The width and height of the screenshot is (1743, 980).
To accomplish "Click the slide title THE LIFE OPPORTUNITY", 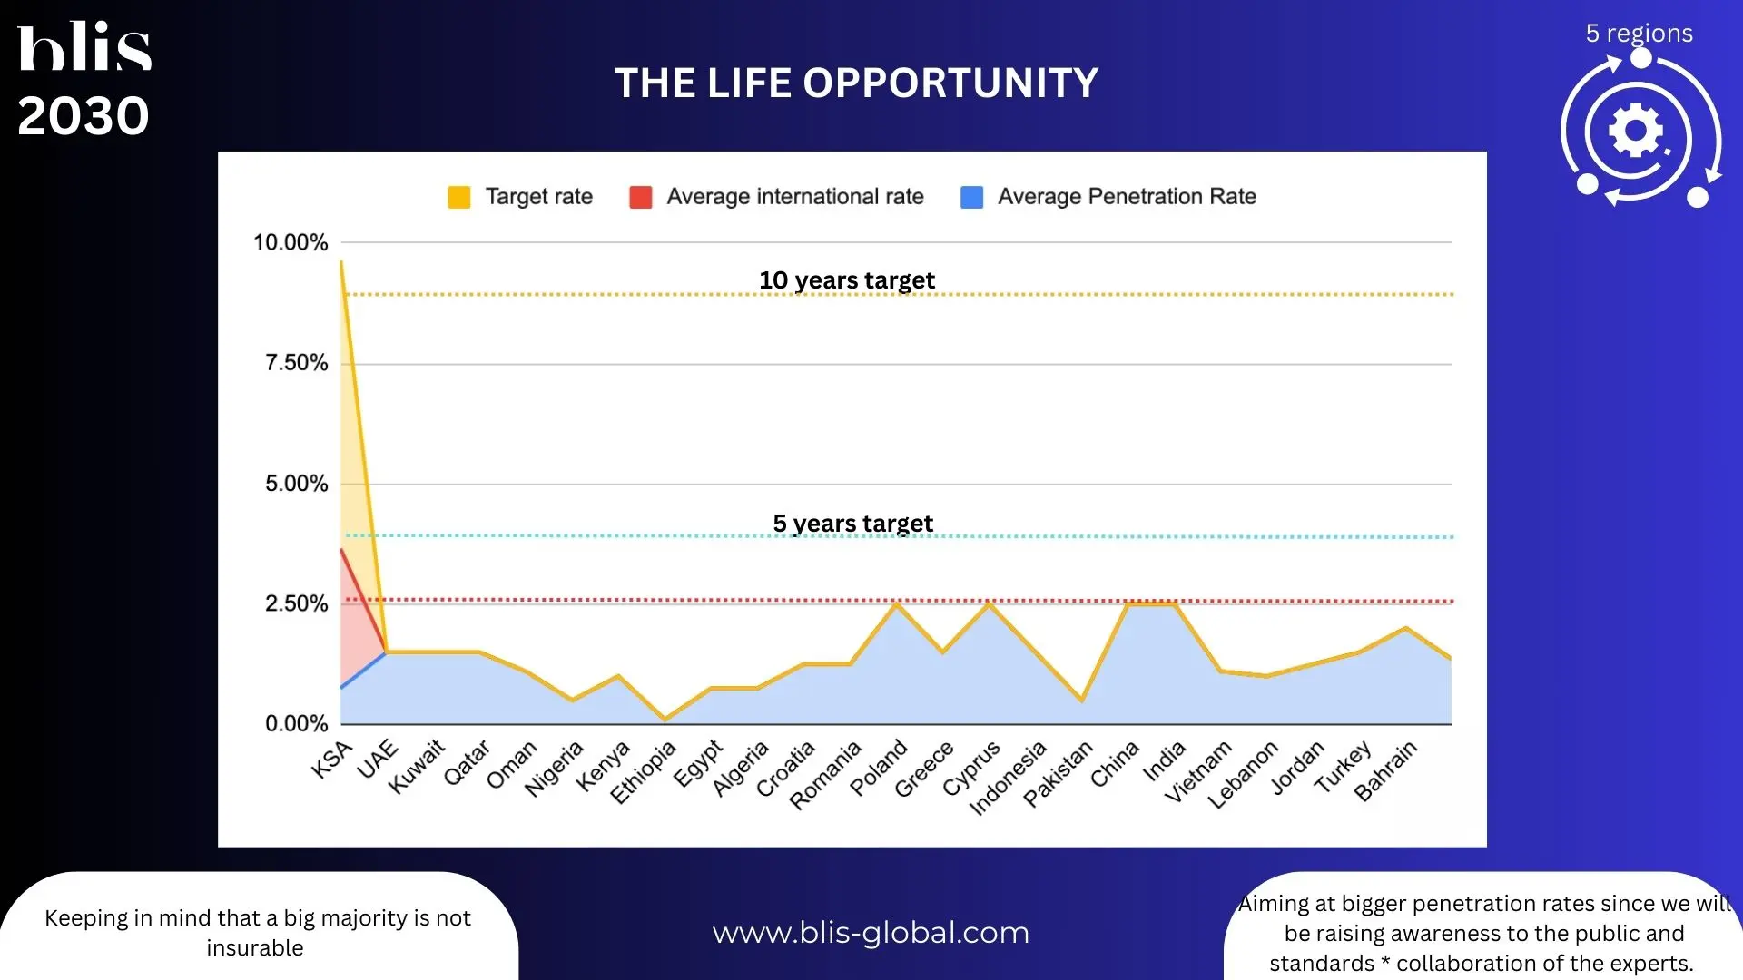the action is click(x=856, y=83).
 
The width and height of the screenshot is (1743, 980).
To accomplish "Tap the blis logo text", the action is click(x=84, y=46).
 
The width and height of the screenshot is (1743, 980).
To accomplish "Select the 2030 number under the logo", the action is click(x=83, y=116).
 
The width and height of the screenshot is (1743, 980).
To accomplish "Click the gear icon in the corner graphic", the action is click(x=1635, y=131).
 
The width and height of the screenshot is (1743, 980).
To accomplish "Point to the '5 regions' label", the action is click(x=1639, y=34).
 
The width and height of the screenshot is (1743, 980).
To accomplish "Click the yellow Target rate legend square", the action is click(x=459, y=197).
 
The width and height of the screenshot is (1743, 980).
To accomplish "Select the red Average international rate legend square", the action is click(x=641, y=197).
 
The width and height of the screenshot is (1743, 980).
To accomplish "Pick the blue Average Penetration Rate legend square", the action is click(x=971, y=197).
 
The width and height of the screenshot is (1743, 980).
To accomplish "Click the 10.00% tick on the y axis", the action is click(x=290, y=242).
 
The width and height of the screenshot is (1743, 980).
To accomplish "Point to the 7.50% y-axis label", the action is click(x=296, y=363).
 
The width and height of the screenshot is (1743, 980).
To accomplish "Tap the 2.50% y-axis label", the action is click(x=296, y=603).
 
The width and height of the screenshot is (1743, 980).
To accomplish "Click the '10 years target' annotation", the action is click(x=847, y=280).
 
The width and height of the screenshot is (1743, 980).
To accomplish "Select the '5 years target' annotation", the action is click(x=853, y=524).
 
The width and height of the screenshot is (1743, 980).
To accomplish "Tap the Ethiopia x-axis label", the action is click(x=644, y=773).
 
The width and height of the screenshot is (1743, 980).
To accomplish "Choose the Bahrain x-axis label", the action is click(x=1385, y=771).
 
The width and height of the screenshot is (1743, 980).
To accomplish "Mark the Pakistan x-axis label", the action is click(x=1058, y=774).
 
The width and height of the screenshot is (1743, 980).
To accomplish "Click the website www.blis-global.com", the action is click(x=871, y=933).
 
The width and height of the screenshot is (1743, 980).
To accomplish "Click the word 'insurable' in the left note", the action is click(x=255, y=948).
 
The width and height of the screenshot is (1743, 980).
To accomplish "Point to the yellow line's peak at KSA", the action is click(x=341, y=261).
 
